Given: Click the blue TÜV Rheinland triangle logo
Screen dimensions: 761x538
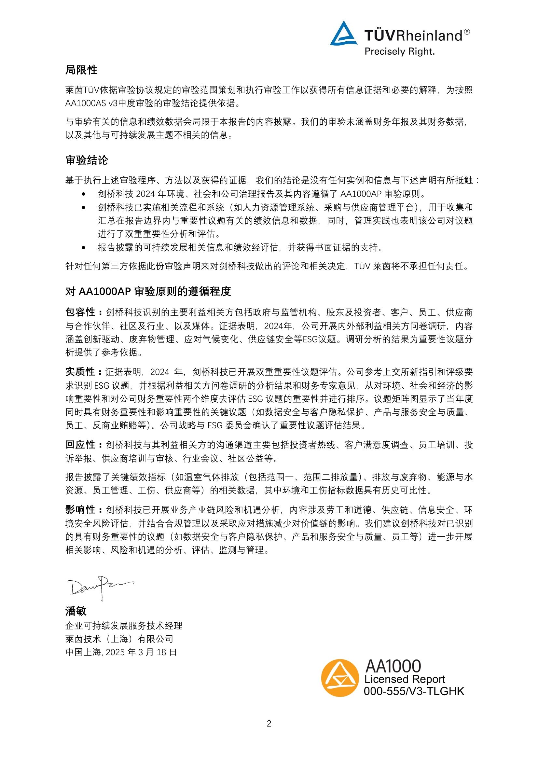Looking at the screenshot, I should (x=343, y=34).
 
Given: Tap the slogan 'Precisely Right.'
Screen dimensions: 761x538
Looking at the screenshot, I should (x=399, y=52).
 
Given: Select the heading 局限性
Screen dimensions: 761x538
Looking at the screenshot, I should (x=81, y=70).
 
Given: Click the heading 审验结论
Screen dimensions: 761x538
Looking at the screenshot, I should (x=87, y=160).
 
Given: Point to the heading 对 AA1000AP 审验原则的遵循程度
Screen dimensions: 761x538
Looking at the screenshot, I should (x=148, y=291).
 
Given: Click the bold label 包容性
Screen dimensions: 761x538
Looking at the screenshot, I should (x=80, y=312).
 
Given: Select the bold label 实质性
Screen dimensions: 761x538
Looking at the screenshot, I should (x=80, y=372).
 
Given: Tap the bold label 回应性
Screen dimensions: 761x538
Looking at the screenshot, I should (x=80, y=445).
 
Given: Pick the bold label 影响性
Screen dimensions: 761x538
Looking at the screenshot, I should (x=80, y=510).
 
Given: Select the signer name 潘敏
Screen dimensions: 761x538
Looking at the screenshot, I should (x=76, y=611).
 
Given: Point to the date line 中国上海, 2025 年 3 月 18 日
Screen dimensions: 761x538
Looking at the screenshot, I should (x=121, y=652).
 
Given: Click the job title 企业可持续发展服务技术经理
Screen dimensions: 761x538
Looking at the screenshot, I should (x=124, y=626).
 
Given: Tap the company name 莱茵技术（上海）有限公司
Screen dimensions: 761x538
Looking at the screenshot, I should (x=119, y=639).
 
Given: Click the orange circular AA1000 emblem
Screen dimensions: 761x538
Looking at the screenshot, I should (x=340, y=678).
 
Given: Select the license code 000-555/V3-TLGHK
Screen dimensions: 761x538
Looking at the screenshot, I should (x=414, y=691).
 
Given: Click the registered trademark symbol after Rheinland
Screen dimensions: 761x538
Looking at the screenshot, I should (x=467, y=32).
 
